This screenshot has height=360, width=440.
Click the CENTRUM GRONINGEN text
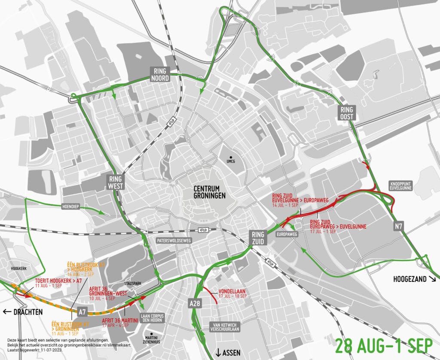(209, 192)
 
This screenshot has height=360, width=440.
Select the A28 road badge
(196, 303)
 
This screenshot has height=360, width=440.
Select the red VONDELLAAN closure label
(231, 293)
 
